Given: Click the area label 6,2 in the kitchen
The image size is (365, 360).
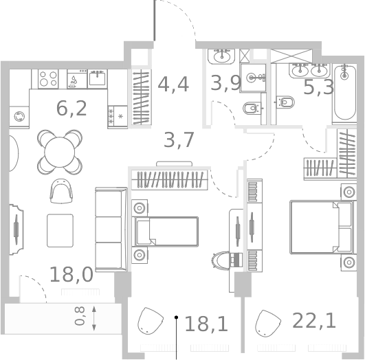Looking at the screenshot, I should coord(71,108).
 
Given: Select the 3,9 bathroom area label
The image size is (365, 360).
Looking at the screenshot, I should coord(225,84).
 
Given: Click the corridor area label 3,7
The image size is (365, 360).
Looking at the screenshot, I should coord(179,139).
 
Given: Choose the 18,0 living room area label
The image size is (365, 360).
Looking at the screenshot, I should coord(71,275).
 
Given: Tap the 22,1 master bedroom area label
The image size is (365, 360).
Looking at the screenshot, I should coord(314,320).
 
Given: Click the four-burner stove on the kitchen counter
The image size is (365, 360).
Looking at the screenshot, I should coord(48,78).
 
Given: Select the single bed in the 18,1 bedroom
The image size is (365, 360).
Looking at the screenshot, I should coord(166,231).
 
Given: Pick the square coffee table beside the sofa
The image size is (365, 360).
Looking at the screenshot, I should coord(60,231).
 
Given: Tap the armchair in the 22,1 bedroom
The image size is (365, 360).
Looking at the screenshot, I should coord(267,322).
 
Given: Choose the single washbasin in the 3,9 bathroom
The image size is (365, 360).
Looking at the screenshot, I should coord(256,77).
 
